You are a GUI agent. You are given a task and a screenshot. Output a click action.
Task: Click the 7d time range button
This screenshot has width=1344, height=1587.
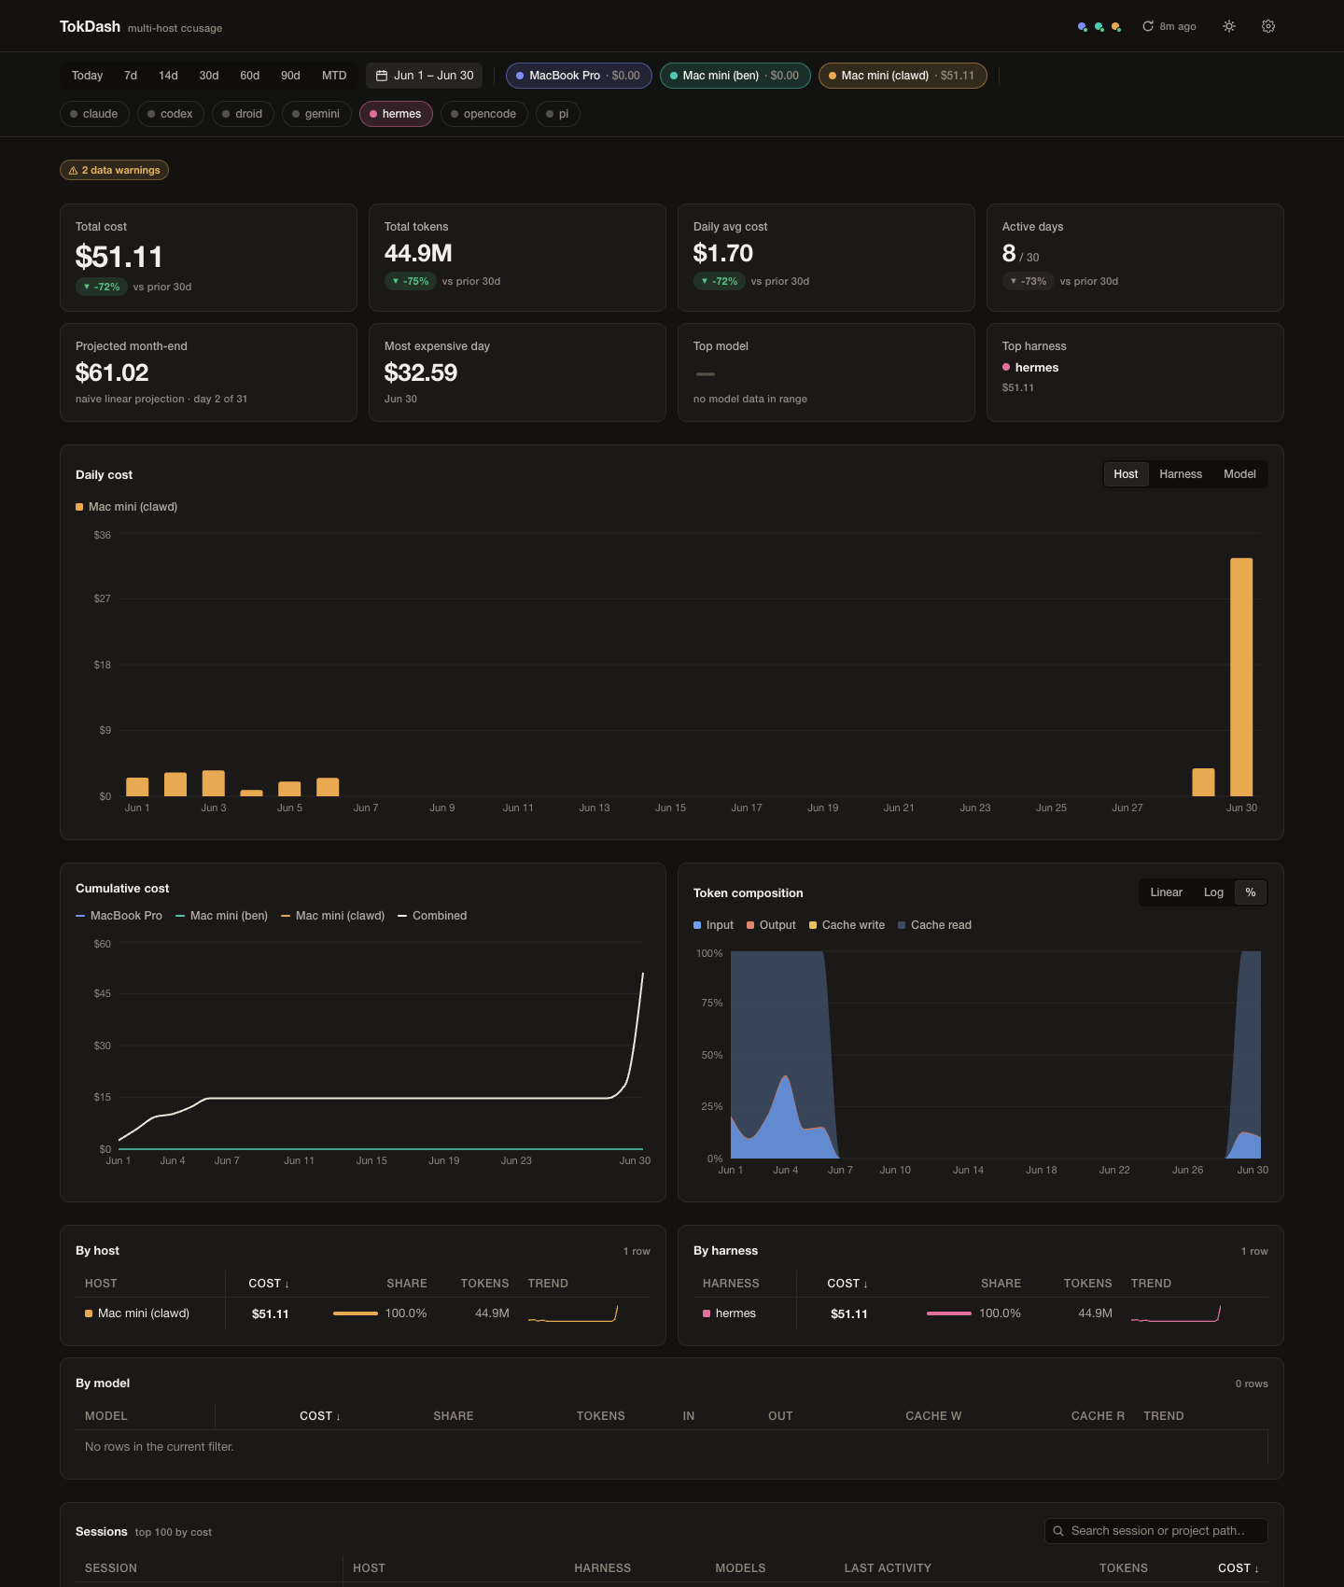point(131,76)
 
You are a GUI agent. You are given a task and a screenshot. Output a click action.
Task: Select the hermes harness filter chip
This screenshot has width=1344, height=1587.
point(396,114)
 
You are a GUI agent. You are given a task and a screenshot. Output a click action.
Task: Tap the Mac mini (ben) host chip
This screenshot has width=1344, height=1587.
point(735,76)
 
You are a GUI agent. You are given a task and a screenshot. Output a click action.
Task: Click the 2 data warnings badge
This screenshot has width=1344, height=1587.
point(114,170)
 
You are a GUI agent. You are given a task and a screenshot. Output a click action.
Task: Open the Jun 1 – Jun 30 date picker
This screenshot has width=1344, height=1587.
point(425,76)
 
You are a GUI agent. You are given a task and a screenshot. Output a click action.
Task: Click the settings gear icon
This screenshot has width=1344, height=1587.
point(1268,26)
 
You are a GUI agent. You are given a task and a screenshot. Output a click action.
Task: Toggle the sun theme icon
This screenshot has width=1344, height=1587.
point(1229,26)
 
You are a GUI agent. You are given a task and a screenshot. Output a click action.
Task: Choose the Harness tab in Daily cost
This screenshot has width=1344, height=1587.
point(1181,474)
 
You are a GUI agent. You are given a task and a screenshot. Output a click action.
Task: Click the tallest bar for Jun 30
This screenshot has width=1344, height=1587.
point(1241,677)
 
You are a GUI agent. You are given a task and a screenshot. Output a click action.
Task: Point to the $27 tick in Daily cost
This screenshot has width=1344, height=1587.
point(103,598)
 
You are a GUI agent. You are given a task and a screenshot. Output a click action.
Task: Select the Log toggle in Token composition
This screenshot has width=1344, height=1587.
point(1213,892)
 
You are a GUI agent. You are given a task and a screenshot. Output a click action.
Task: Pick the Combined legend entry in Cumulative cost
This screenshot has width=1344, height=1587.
point(432,916)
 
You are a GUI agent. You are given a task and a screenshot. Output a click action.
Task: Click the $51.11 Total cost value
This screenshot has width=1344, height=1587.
point(119,257)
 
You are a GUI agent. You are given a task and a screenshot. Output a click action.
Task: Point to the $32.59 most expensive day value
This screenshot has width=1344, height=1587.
point(421,372)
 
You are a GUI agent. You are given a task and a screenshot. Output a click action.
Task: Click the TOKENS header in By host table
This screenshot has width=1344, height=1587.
point(484,1284)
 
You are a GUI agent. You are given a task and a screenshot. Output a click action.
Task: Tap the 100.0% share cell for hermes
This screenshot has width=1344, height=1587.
point(1000,1313)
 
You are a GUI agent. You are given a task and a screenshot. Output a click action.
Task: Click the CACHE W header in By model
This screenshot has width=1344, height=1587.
point(933,1416)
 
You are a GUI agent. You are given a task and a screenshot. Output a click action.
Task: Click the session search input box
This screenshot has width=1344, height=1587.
point(1155,1531)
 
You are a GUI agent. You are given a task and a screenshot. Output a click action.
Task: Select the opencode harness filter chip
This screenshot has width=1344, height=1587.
point(483,114)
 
